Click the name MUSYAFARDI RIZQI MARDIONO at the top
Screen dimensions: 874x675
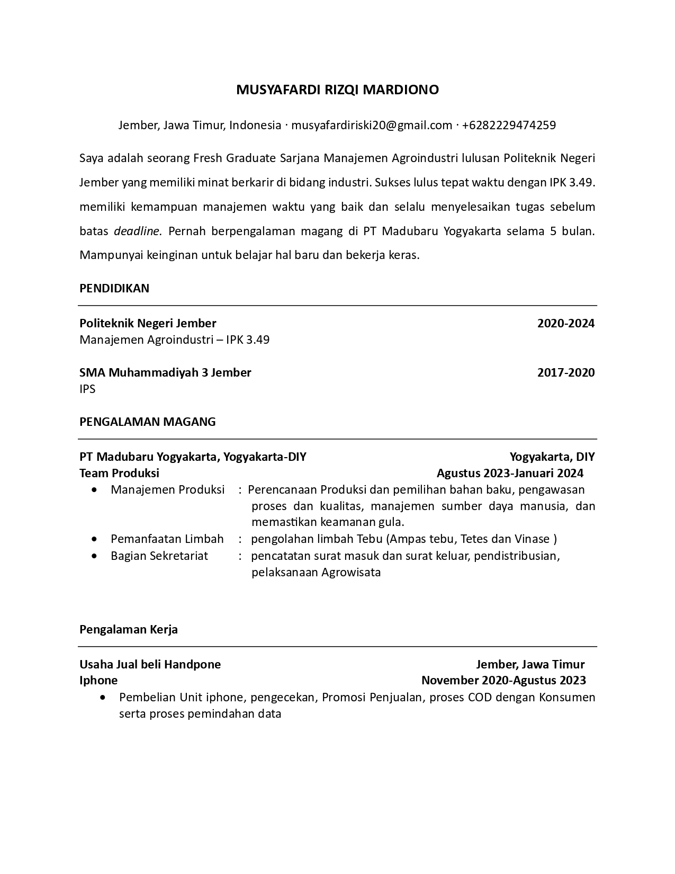337,90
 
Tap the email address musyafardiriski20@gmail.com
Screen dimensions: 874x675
371,126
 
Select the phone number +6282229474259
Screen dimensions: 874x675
509,126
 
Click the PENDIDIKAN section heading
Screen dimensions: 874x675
114,289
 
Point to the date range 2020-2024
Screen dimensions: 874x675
565,324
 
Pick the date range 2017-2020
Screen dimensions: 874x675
565,373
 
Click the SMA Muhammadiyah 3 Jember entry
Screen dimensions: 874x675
165,373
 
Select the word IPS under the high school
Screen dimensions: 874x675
87,389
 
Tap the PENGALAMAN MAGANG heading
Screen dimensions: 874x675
148,422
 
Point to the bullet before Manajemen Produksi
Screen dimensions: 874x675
94,490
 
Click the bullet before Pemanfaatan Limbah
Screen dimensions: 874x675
94,539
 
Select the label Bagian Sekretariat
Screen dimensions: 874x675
159,556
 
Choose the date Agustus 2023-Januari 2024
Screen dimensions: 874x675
510,473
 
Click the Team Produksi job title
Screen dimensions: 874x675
119,473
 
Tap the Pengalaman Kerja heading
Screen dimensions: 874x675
129,630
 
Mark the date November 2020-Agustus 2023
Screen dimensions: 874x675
503,681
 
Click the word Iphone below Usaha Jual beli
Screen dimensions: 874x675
98,681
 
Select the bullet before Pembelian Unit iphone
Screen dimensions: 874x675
103,698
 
